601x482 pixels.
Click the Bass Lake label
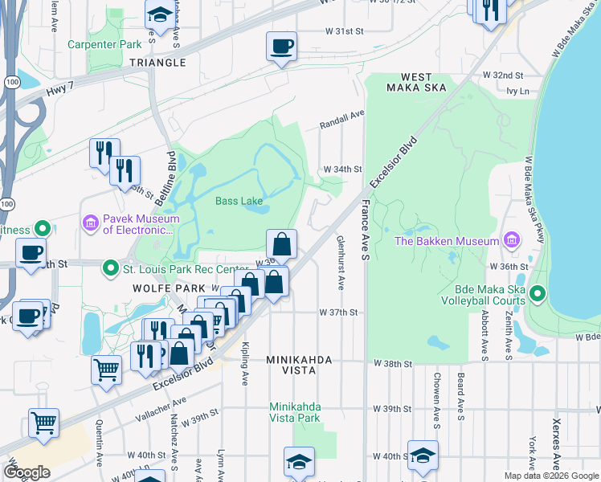pyautogui.click(x=239, y=201)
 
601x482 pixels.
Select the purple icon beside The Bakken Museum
pyautogui.click(x=509, y=240)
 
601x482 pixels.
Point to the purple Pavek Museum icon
pyautogui.click(x=90, y=221)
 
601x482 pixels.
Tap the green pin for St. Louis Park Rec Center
pyautogui.click(x=110, y=268)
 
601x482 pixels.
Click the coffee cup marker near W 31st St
pyautogui.click(x=281, y=47)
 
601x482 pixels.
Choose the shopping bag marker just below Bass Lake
pyautogui.click(x=282, y=244)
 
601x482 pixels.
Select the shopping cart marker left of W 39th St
pyautogui.click(x=43, y=423)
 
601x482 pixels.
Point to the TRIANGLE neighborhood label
pyautogui.click(x=158, y=63)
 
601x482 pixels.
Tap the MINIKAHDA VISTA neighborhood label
pyautogui.click(x=300, y=366)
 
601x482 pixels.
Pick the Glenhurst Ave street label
pyautogui.click(x=341, y=262)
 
